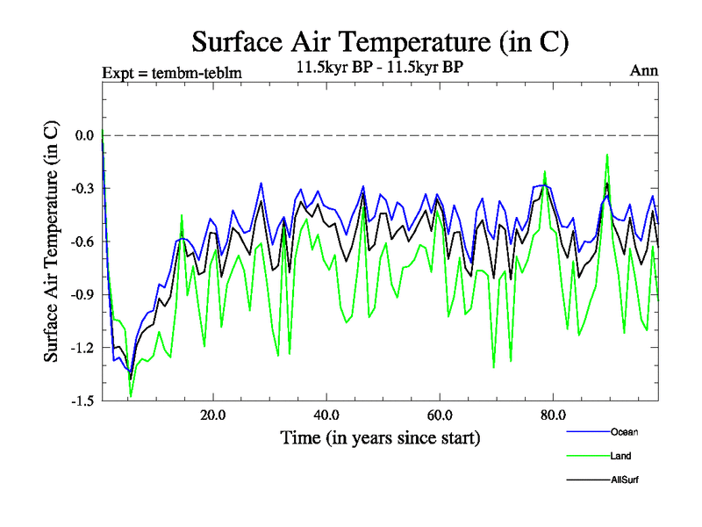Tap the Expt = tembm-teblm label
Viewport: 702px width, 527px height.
172,72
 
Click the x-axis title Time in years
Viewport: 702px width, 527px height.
380,437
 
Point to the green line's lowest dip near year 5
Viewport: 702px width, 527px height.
131,396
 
